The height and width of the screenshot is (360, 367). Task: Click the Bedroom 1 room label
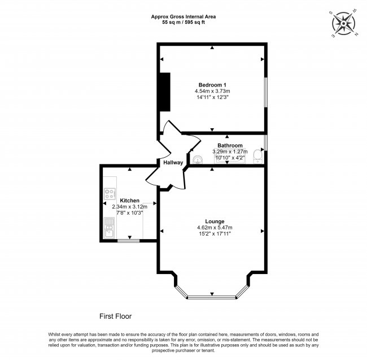point(212,84)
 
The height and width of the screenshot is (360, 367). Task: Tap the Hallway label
point(173,163)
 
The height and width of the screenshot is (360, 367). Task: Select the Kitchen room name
point(129,201)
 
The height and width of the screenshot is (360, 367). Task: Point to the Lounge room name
point(215,221)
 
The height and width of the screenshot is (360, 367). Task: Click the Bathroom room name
point(230,145)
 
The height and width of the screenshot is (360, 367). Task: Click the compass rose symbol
point(343,23)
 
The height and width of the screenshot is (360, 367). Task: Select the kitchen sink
point(108,228)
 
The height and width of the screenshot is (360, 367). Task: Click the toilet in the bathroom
point(257,154)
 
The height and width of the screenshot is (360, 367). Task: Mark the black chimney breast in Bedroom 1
point(164,92)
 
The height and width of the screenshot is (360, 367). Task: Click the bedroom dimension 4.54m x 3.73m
point(212,90)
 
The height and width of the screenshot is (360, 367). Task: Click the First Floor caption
point(116,316)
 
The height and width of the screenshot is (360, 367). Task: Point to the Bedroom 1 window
point(265,90)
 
